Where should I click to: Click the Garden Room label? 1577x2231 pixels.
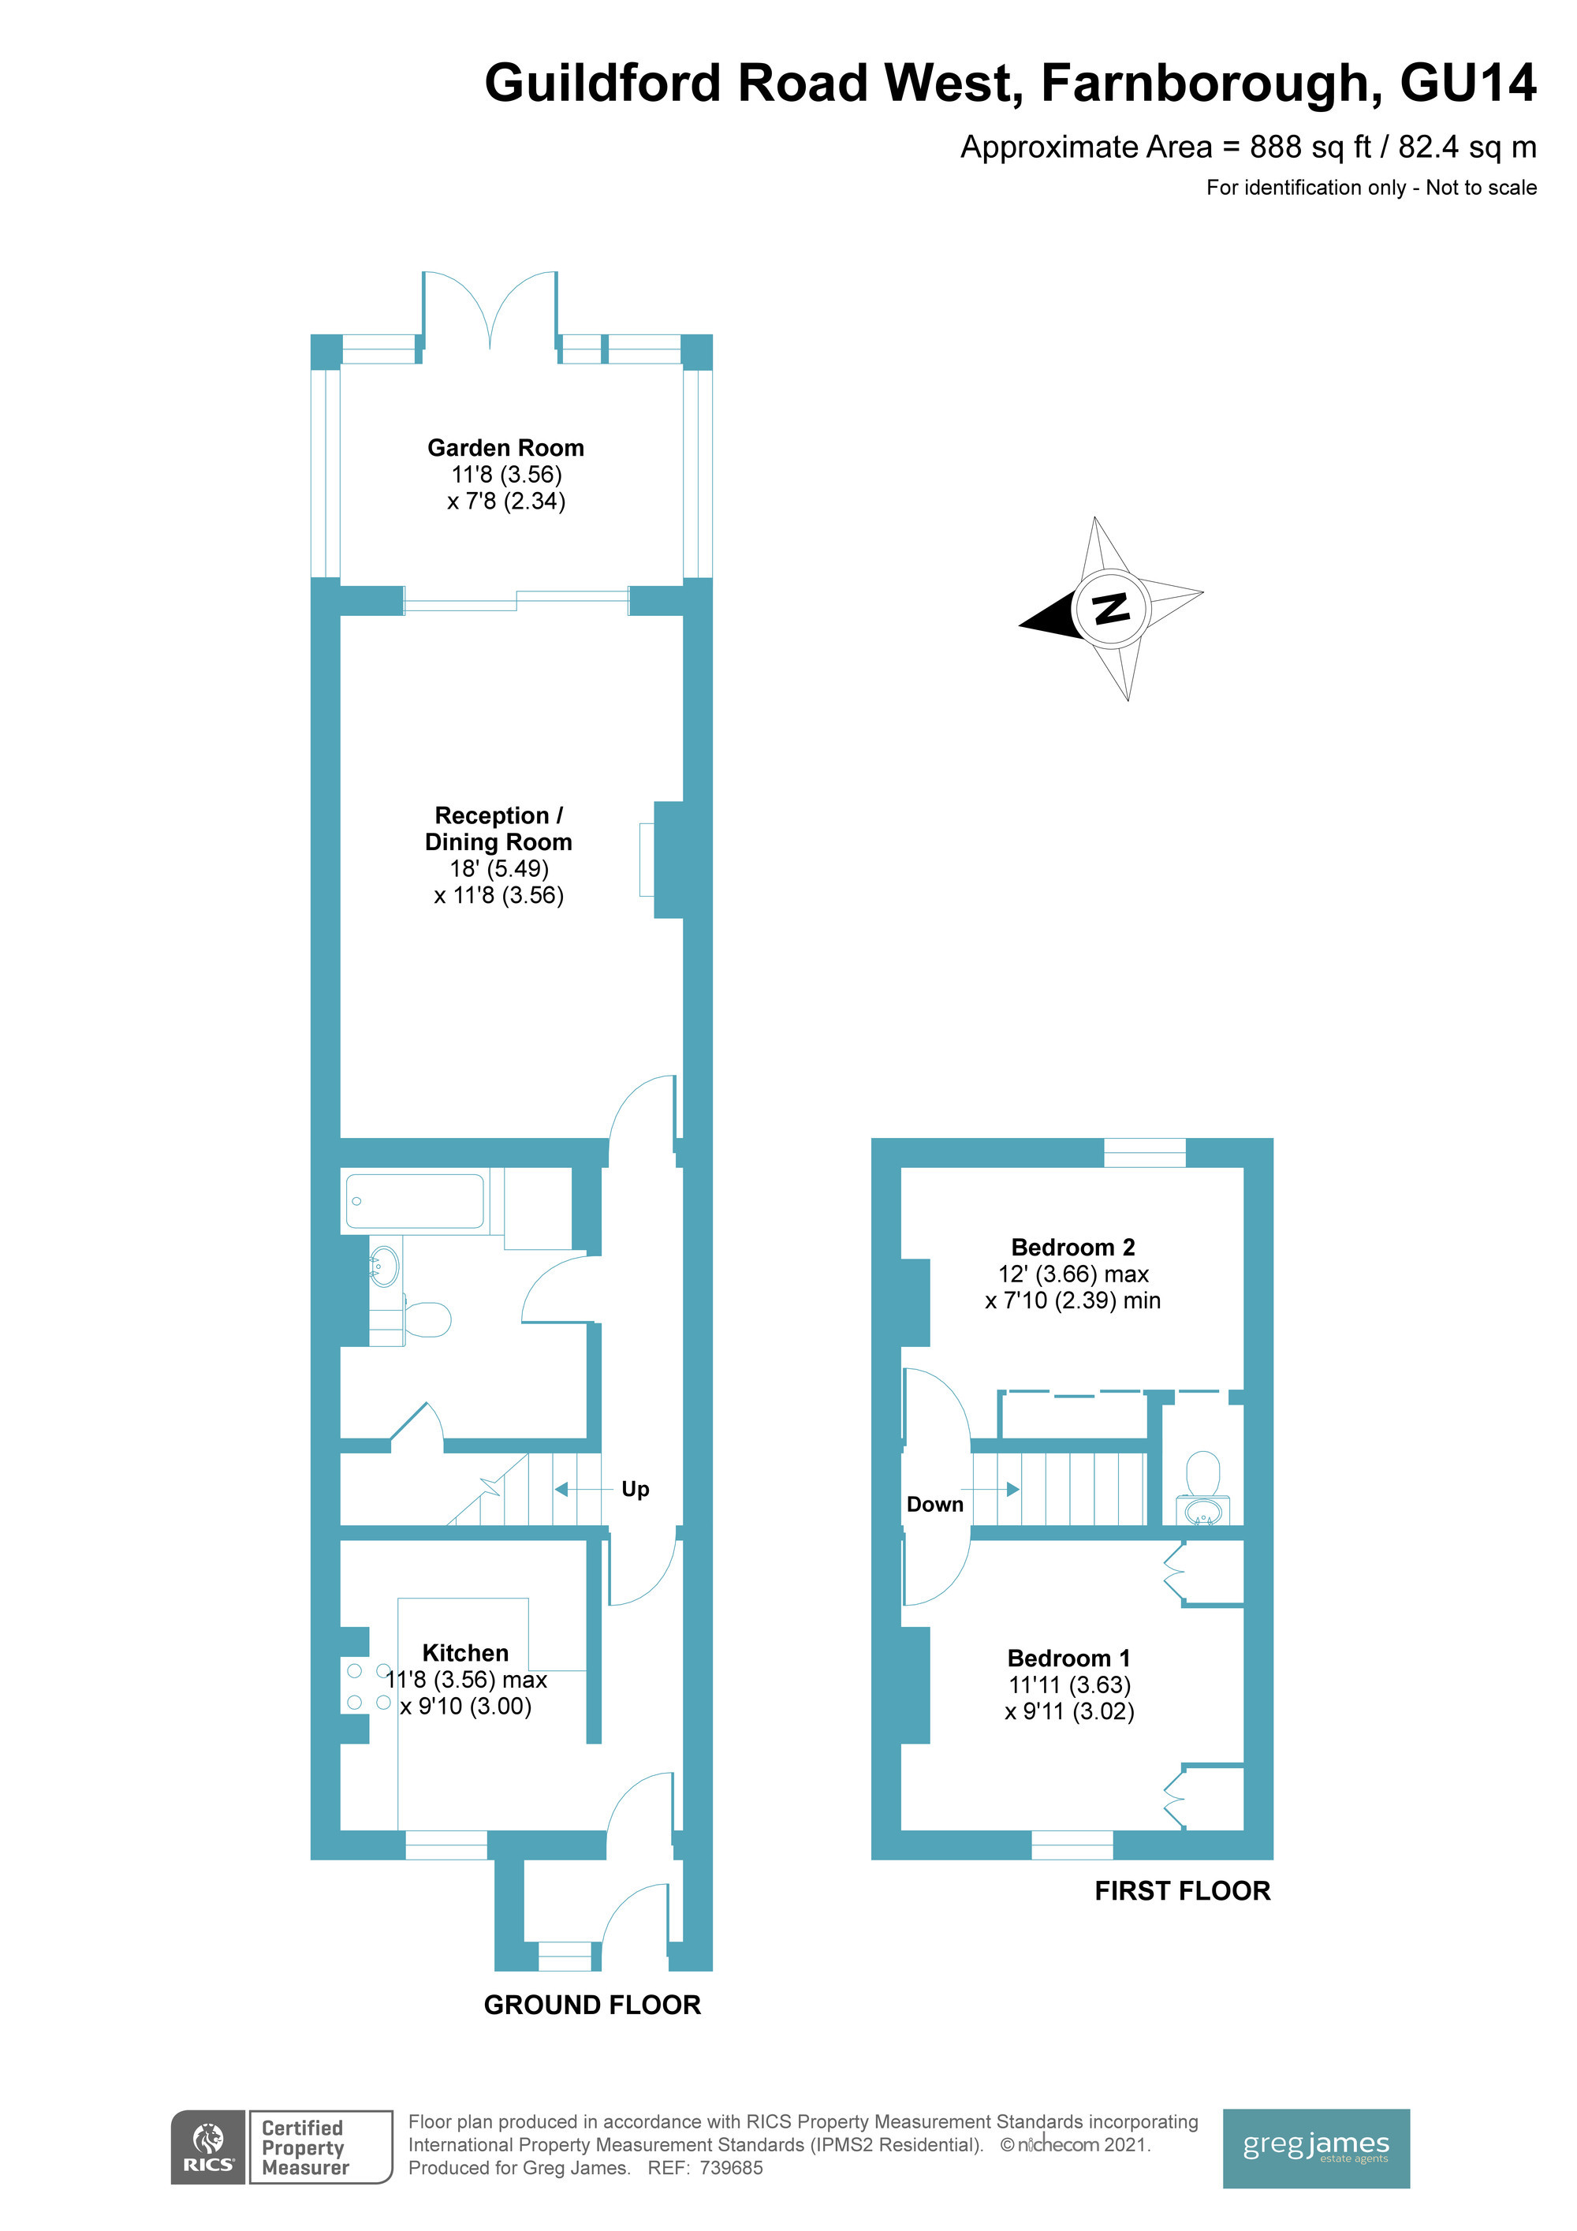pyautogui.click(x=505, y=448)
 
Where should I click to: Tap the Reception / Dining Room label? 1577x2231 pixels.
pyautogui.click(x=498, y=829)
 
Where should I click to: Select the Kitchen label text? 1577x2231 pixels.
pyautogui.click(x=465, y=1653)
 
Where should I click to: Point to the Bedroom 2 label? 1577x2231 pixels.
pyautogui.click(x=1072, y=1247)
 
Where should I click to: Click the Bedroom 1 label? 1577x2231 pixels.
pyautogui.click(x=1069, y=1658)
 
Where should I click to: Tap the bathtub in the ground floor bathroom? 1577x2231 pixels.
pyautogui.click(x=415, y=1201)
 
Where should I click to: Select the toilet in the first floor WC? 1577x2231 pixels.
pyautogui.click(x=1204, y=1473)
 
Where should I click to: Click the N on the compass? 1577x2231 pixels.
pyautogui.click(x=1112, y=608)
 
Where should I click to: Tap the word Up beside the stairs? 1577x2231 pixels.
pyautogui.click(x=636, y=1490)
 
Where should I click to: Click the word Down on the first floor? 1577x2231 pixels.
pyautogui.click(x=934, y=1504)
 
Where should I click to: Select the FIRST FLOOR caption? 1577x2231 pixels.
pyautogui.click(x=1183, y=1890)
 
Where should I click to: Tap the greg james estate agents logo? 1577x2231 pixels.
pyautogui.click(x=1316, y=2148)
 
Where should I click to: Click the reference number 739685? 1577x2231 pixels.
pyautogui.click(x=731, y=2168)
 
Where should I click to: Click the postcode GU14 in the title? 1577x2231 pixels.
pyautogui.click(x=1468, y=83)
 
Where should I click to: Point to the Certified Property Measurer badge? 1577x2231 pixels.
pyautogui.click(x=321, y=2147)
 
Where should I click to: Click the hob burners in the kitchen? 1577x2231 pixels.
pyautogui.click(x=369, y=1686)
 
